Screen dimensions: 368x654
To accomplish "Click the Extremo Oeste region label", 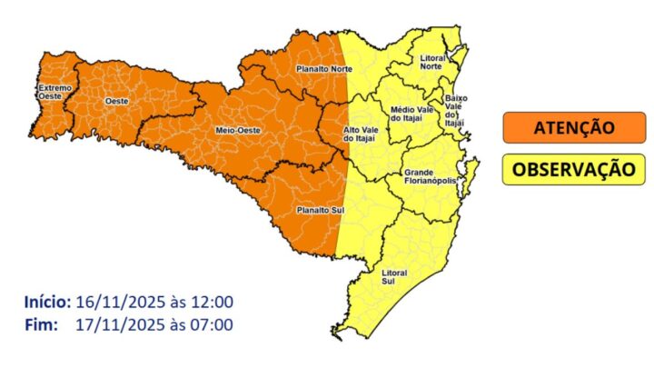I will tap(52, 92).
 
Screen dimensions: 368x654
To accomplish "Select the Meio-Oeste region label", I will tap(233, 131).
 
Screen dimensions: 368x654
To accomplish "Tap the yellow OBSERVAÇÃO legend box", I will tap(568, 169).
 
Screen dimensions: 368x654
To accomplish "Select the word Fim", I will tap(42, 324).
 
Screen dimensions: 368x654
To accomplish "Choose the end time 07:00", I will tap(214, 324).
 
